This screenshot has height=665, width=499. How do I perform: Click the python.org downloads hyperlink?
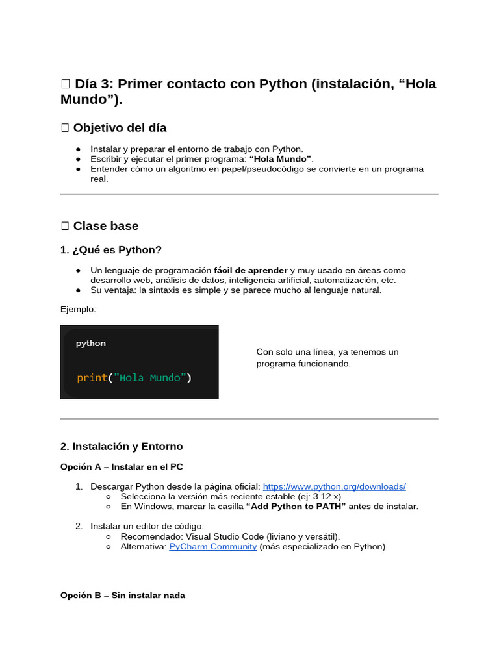pos(334,486)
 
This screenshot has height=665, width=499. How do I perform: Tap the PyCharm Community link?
pos(212,546)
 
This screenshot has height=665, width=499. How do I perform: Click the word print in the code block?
pos(92,377)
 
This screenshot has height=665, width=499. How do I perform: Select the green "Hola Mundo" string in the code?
pos(150,377)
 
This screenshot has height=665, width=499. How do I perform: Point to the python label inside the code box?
pos(90,343)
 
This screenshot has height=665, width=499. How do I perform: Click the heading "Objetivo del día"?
pos(120,127)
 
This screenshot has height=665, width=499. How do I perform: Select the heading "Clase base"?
pos(105,226)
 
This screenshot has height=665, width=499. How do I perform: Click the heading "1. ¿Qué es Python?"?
pos(111,250)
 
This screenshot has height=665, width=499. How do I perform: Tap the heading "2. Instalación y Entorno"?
pos(122,446)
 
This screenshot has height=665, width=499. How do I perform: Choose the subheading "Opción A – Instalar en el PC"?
pos(126,467)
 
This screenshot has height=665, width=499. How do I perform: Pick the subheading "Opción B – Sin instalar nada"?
pos(123,595)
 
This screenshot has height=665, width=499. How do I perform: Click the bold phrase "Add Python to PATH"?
pos(296,506)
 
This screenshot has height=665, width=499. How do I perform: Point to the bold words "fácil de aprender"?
pos(250,270)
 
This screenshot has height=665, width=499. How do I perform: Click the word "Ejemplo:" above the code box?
pos(78,309)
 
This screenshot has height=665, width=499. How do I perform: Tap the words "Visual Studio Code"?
pos(226,536)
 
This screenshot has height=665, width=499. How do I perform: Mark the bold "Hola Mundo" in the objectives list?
pos(280,159)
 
